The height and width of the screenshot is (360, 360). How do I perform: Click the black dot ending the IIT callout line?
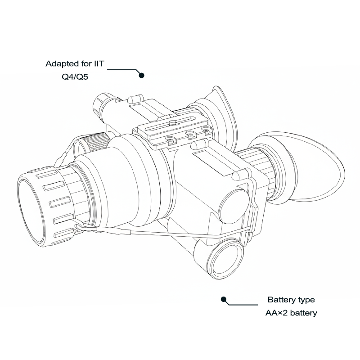(x=141, y=76)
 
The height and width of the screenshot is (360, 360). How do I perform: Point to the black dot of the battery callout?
(x=222, y=299)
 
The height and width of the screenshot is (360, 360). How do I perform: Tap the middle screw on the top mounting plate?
(x=189, y=134)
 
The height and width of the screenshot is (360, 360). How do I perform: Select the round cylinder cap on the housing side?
(x=234, y=203)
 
